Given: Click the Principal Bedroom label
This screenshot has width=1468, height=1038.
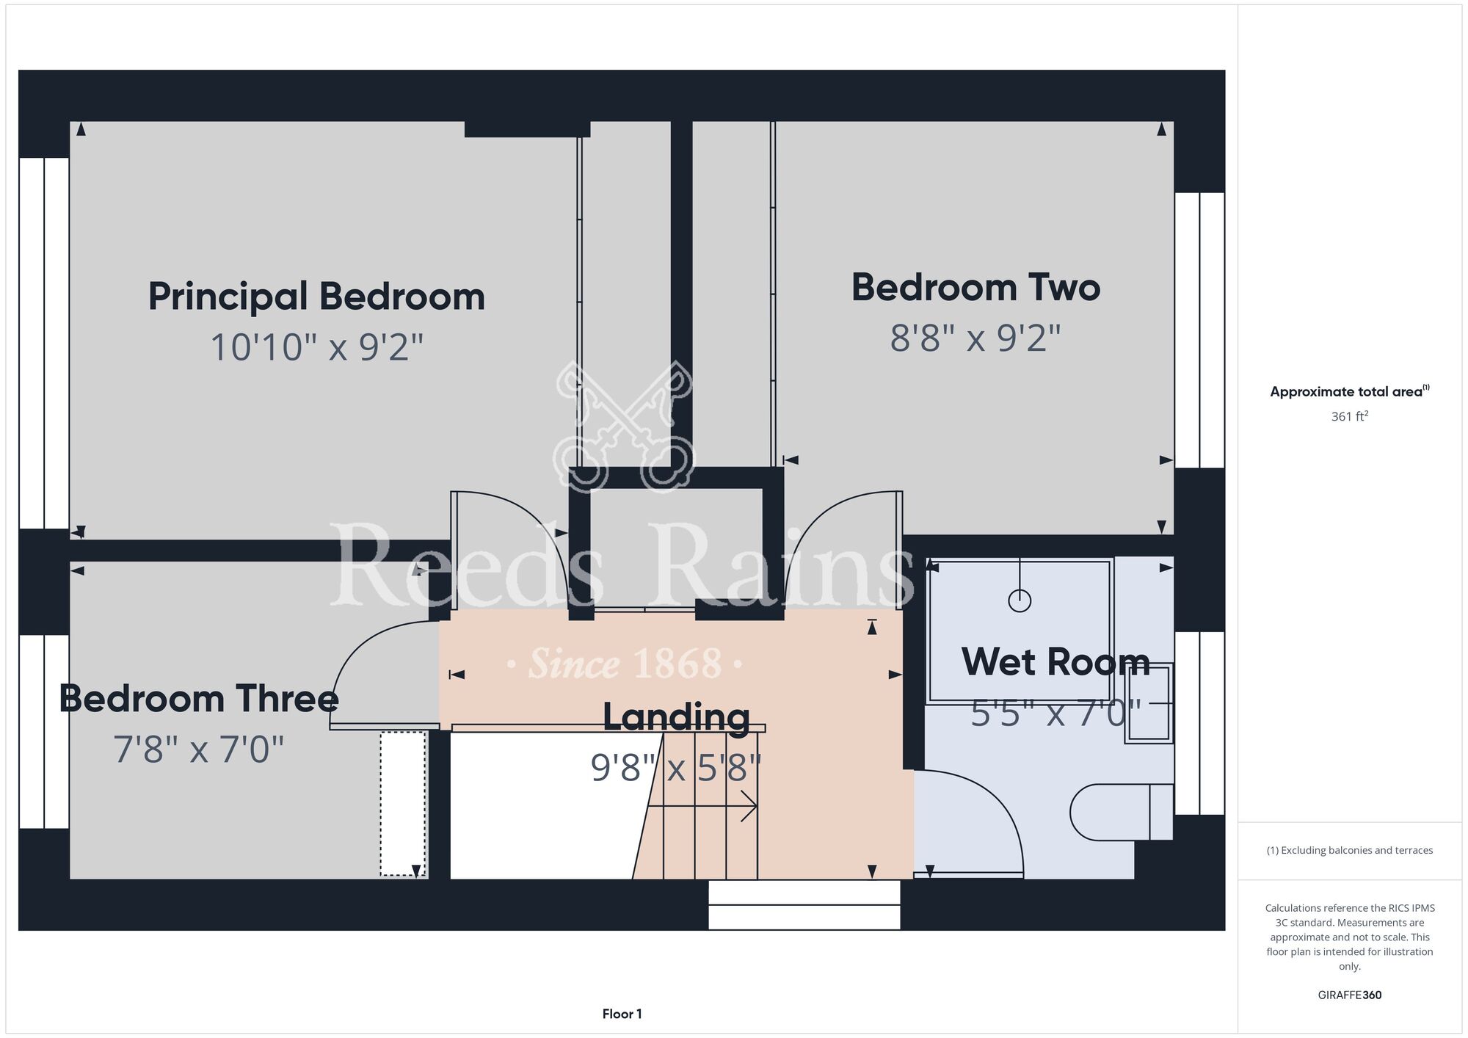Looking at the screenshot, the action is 316,297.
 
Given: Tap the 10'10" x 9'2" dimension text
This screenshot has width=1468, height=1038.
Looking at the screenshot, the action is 317,347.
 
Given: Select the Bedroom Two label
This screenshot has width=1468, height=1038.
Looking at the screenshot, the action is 975,287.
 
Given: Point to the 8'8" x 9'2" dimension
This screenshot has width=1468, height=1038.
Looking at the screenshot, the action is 975,338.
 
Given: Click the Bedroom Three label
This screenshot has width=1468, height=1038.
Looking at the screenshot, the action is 198,698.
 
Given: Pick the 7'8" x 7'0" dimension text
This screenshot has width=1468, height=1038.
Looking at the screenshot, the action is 198,750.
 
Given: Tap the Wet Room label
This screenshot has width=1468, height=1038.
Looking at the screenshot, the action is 1055,661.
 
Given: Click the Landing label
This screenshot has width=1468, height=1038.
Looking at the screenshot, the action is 676,717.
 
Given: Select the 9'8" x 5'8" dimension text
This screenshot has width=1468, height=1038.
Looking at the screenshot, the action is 676,768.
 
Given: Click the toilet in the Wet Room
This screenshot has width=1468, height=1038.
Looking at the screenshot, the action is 1122,812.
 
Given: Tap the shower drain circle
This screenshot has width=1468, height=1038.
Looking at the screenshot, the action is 1020,601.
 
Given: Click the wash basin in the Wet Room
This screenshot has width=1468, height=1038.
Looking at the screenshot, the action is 1149,703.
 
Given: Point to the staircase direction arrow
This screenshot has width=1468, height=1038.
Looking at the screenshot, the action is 702,806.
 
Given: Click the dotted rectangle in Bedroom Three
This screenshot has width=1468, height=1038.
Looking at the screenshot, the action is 403,804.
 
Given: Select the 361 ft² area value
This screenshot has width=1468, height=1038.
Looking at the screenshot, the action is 1349,416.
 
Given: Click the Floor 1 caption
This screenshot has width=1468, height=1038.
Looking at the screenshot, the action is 622,1014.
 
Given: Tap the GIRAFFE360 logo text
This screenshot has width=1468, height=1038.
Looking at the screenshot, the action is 1350,995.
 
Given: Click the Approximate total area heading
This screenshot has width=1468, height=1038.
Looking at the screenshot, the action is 1349,391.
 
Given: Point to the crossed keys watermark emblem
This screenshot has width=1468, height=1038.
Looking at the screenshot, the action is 623,426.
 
